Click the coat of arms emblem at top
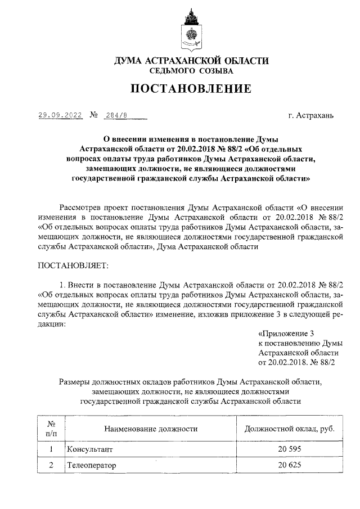tap(191, 33)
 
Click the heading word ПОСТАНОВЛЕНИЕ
tap(191, 89)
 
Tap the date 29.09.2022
tap(60, 115)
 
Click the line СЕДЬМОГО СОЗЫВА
tap(191, 71)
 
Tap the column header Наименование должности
tap(151, 429)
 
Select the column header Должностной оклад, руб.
tap(289, 429)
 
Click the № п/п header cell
tap(50, 429)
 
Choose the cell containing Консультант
tap(90, 450)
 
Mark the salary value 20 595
tap(289, 450)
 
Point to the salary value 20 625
tap(289, 466)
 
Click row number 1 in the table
tap(51, 450)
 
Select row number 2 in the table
tap(51, 466)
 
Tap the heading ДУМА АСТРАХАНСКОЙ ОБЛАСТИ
tap(191, 61)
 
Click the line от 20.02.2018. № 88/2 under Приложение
tap(296, 363)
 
